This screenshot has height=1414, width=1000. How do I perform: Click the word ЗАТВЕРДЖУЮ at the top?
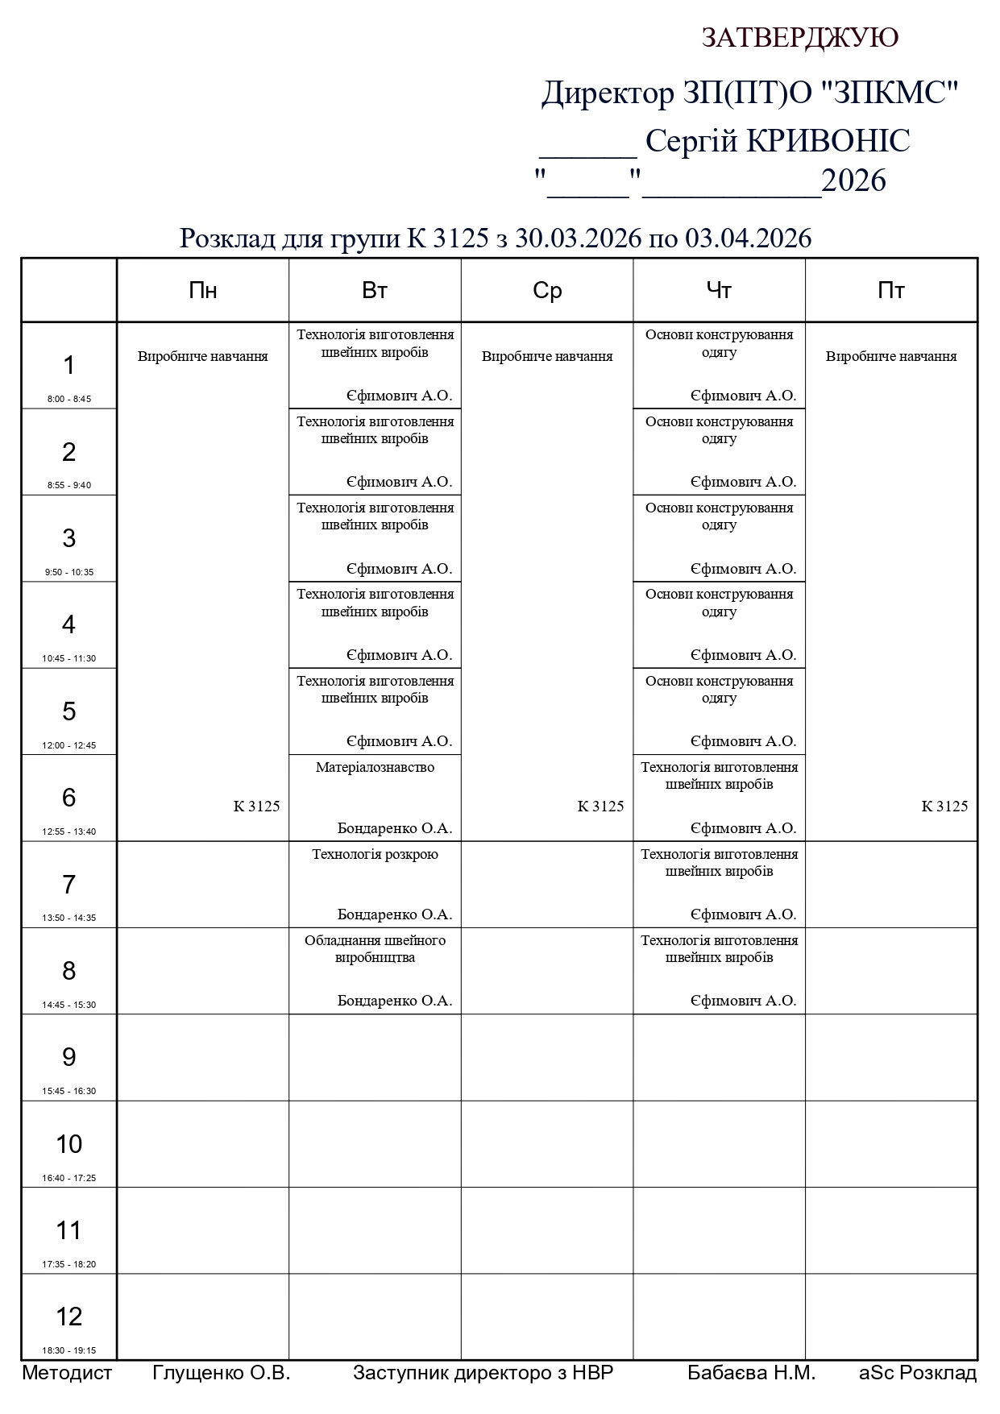click(799, 38)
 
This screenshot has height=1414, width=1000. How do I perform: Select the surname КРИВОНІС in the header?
click(828, 141)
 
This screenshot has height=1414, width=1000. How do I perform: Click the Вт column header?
click(375, 291)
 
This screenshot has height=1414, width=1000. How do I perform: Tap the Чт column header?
click(719, 291)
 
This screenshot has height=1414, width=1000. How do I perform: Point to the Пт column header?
click(890, 291)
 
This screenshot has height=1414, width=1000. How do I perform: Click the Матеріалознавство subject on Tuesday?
click(375, 768)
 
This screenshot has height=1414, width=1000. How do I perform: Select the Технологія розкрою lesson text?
click(375, 854)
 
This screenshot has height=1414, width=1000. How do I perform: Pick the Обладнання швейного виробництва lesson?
click(375, 949)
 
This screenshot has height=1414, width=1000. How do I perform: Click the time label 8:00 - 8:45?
click(69, 399)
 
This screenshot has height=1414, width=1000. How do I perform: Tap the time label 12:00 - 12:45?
click(69, 745)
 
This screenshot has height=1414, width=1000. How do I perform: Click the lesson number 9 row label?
click(69, 1057)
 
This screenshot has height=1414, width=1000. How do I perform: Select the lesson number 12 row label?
click(69, 1317)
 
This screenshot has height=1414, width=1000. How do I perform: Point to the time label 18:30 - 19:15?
click(69, 1350)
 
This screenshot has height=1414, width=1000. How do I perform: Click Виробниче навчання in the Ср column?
click(547, 356)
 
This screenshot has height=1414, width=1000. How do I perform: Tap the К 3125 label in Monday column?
click(256, 807)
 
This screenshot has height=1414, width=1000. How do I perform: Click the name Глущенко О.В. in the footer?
click(221, 1373)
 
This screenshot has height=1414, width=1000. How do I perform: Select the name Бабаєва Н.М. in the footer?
click(751, 1373)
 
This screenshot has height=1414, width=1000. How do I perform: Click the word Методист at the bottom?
click(67, 1373)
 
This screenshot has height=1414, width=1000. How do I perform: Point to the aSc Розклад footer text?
click(918, 1373)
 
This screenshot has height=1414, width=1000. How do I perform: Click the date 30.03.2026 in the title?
click(578, 238)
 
